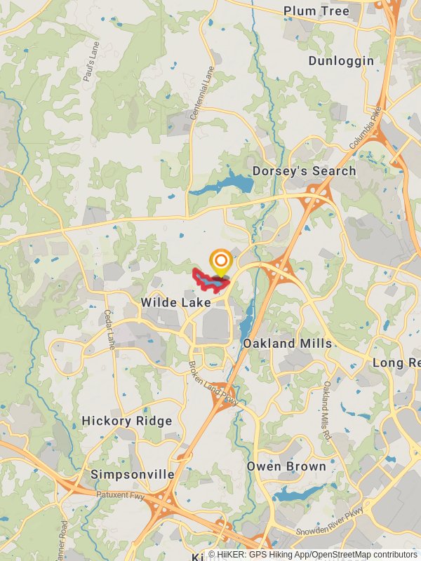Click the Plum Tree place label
tap(316, 11)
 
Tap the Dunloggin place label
tap(341, 61)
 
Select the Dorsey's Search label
tap(304, 171)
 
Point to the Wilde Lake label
tap(175, 302)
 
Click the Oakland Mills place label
tap(287, 344)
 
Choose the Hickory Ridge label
tap(127, 421)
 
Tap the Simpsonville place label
tap(133, 475)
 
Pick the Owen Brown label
tap(286, 466)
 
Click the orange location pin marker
tap(221, 264)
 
